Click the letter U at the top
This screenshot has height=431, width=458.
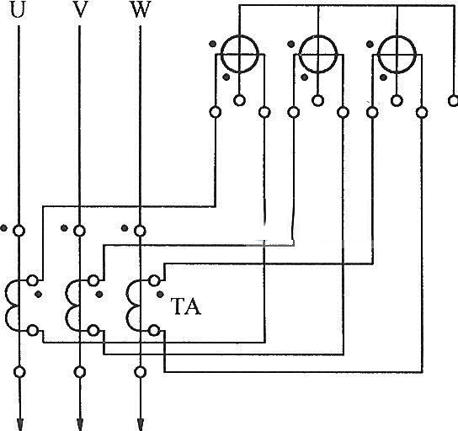[x=17, y=8]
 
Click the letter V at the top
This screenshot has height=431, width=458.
[x=80, y=8]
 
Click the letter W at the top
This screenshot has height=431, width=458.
[x=141, y=8]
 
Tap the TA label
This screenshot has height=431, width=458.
[x=187, y=306]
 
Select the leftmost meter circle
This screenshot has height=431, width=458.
[x=221, y=54]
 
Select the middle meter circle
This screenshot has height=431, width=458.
[x=300, y=54]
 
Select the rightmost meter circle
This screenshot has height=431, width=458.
[x=378, y=54]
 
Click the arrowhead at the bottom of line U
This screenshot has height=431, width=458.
[x=19, y=424]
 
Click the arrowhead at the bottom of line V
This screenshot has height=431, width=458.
[x=80, y=424]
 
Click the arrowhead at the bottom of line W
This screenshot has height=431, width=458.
[x=141, y=424]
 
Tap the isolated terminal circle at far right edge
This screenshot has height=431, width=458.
[x=453, y=101]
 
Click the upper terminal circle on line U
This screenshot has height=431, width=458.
[x=19, y=231]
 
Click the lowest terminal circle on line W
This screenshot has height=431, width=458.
[x=141, y=372]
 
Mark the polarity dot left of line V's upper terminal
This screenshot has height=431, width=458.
[x=64, y=228]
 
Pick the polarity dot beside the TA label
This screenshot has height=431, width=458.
[x=160, y=295]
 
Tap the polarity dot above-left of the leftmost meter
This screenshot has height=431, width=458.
[x=213, y=44]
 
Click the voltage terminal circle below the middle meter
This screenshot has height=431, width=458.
[x=317, y=100]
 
